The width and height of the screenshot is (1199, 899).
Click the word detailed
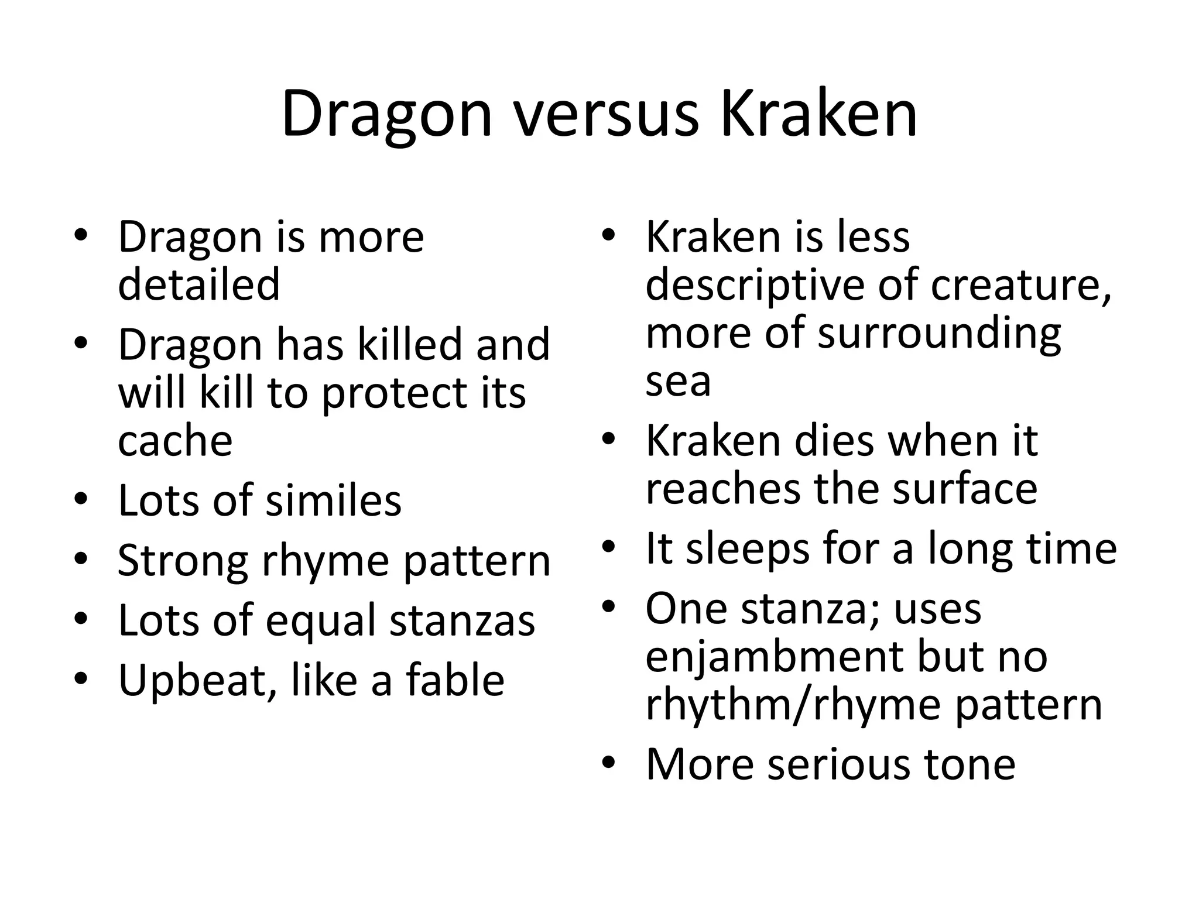coord(198,284)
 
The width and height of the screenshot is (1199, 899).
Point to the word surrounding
coord(939,334)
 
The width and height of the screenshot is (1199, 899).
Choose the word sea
coord(678,382)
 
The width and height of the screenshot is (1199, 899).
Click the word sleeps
coord(747,550)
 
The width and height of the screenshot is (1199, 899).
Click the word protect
coord(396,394)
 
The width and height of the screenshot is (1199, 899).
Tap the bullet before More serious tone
coord(609,763)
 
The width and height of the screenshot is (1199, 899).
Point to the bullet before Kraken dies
coord(609,439)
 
